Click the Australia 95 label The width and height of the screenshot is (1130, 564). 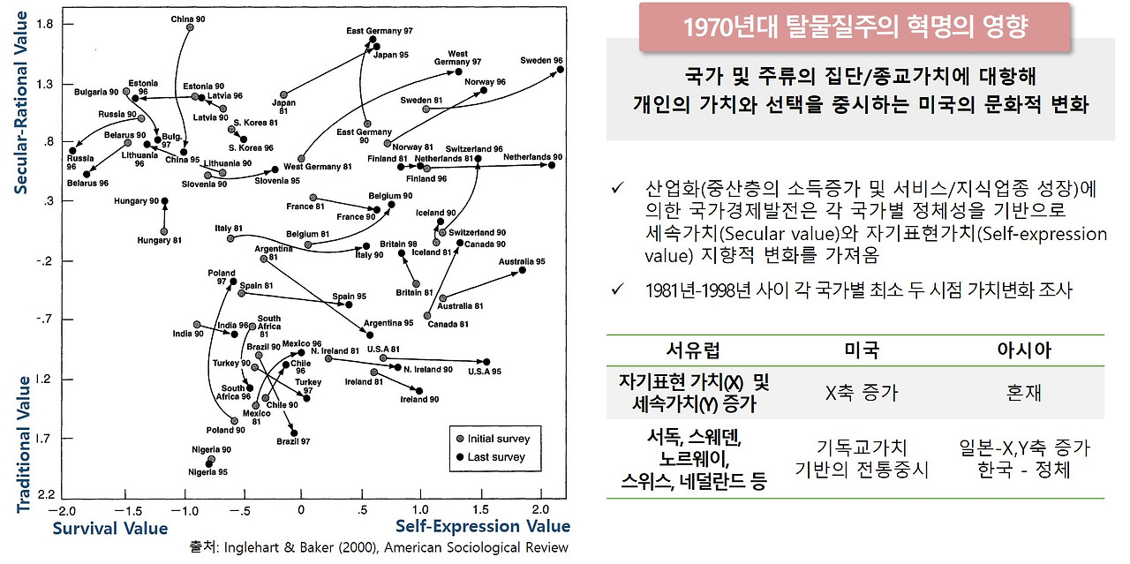coord(521,261)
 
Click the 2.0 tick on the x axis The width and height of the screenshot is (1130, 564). coord(540,510)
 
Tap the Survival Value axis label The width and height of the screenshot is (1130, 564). coord(109,528)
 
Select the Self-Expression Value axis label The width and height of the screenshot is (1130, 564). coord(483,527)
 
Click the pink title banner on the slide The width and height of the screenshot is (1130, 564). coord(855,26)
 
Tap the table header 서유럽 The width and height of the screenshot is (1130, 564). coord(696,350)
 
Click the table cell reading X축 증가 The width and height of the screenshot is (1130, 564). coord(861,393)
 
